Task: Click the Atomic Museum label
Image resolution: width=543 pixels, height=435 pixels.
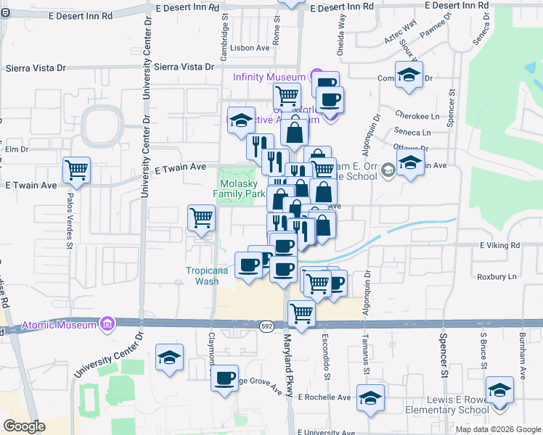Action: (x=59, y=324)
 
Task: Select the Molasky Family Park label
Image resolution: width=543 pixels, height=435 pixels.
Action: (x=239, y=189)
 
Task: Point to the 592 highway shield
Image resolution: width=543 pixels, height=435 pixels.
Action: (x=266, y=327)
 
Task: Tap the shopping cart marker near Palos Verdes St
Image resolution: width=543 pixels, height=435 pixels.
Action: (x=76, y=171)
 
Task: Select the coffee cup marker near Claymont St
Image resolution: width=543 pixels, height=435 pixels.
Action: (x=225, y=378)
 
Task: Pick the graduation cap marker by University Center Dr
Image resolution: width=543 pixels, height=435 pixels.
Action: (x=170, y=357)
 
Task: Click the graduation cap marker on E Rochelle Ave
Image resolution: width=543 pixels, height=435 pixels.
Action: (x=371, y=398)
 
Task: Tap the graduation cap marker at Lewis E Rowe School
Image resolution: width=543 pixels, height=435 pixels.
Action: (x=499, y=391)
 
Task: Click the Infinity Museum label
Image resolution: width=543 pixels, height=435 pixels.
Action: (x=269, y=77)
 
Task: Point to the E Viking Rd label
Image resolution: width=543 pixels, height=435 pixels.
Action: (x=500, y=246)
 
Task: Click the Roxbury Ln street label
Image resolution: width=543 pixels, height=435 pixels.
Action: (x=497, y=276)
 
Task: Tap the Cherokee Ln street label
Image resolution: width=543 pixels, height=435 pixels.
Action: (x=417, y=115)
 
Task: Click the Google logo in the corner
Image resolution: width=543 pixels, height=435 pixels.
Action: (x=24, y=426)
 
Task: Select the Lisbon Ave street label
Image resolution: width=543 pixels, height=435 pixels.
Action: (x=250, y=48)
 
